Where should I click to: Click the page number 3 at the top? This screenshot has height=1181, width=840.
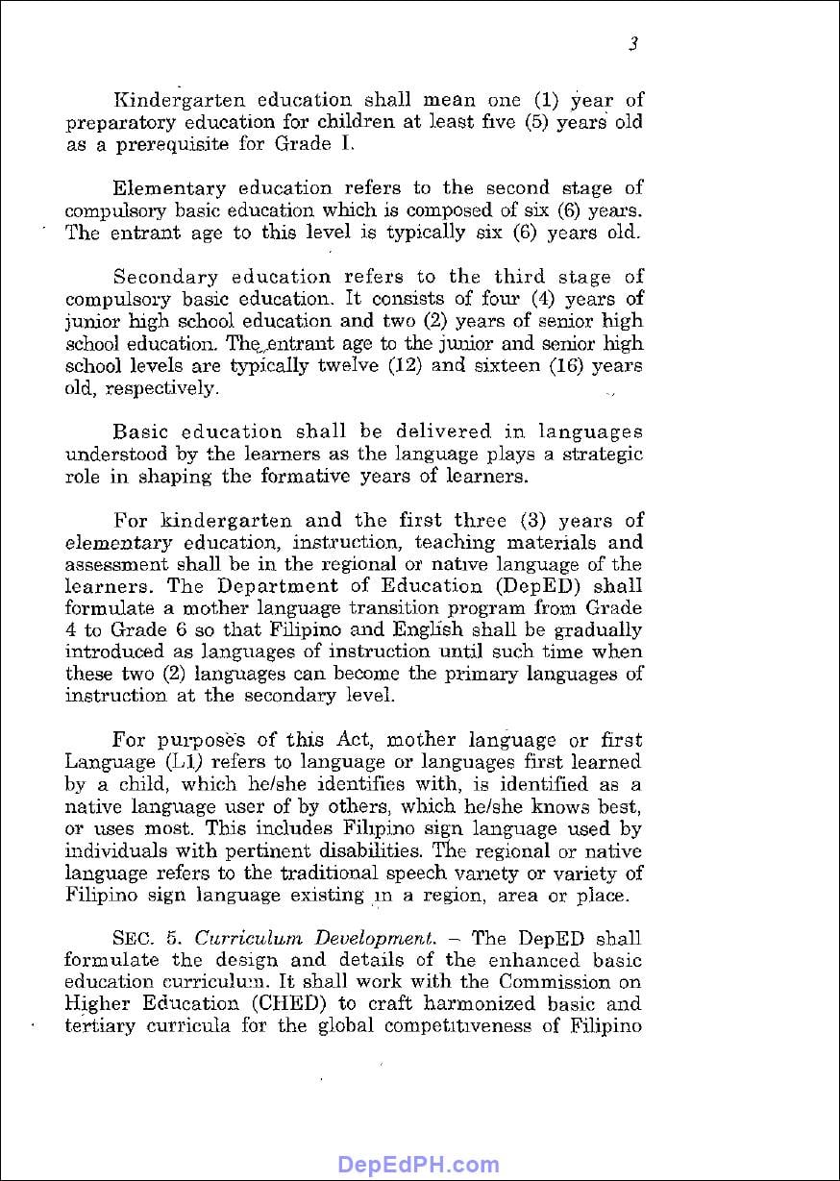(633, 43)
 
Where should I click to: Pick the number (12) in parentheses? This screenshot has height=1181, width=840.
(393, 366)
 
